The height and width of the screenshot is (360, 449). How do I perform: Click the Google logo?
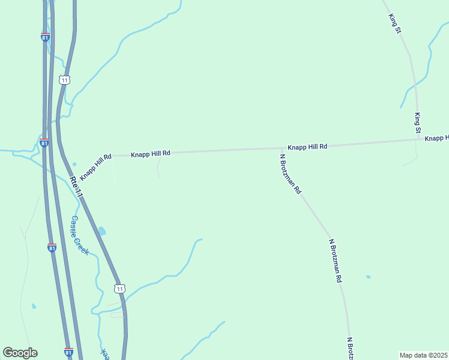coord(20,353)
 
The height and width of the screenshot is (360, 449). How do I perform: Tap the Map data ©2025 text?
coord(424,355)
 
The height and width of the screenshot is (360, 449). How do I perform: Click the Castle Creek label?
coord(79,235)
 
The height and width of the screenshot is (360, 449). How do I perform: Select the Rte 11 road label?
coord(75,187)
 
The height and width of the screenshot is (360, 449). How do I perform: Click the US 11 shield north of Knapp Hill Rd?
coord(65,80)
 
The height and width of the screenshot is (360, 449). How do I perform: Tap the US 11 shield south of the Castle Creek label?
coord(119,289)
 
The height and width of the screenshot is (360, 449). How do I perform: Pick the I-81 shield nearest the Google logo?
coord(68,352)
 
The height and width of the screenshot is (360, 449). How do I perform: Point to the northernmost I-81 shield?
coord(46,37)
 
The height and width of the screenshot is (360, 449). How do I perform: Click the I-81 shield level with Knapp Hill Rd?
coord(44,143)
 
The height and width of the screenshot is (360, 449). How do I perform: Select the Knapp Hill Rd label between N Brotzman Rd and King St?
coord(307,146)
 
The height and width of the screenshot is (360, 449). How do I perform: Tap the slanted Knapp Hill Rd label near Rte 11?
coord(96,167)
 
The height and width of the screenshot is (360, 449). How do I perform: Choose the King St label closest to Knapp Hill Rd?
coord(418,122)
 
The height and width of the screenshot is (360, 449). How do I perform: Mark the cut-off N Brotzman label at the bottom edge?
coord(349,348)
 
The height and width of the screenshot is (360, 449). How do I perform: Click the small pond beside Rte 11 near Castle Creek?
coord(101,230)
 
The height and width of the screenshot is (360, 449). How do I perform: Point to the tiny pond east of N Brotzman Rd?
coord(368,277)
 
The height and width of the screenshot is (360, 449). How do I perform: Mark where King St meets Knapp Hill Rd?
coord(419,140)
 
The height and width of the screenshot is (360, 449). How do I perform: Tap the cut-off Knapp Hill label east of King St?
coord(437,138)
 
